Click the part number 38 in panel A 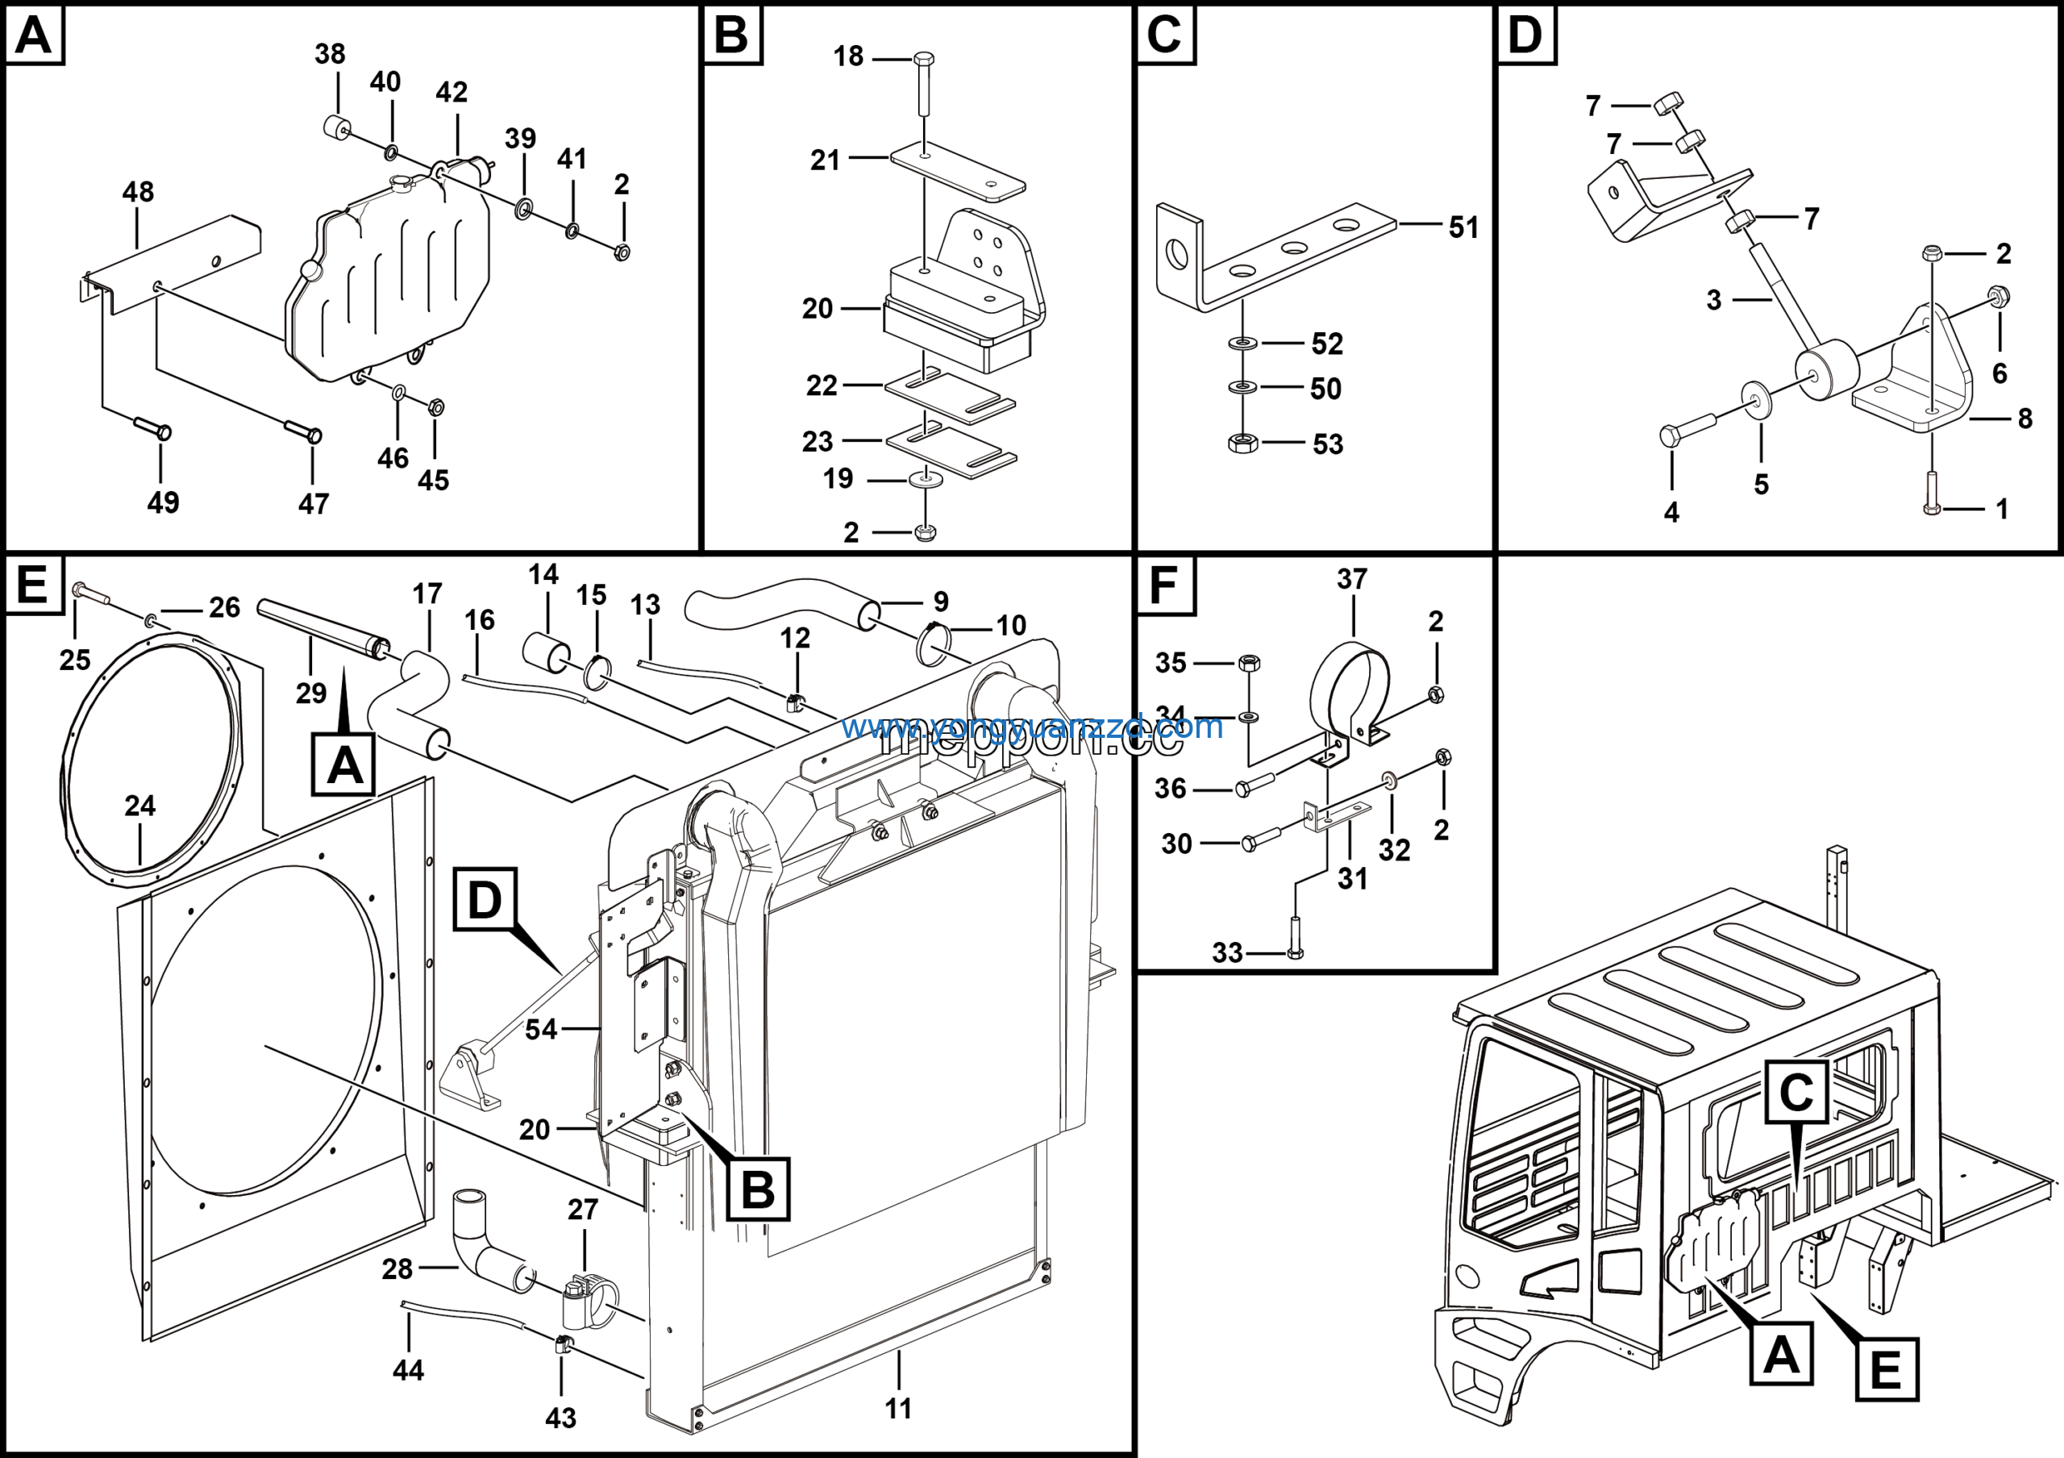pyautogui.click(x=330, y=55)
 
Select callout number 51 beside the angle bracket pyautogui.click(x=1463, y=227)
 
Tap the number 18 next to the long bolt pyautogui.click(x=847, y=56)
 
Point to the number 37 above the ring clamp pyautogui.click(x=1352, y=579)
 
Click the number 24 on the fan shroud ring pyautogui.click(x=140, y=806)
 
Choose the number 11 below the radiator pyautogui.click(x=898, y=1409)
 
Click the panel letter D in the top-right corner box pyautogui.click(x=1525, y=35)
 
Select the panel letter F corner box pyautogui.click(x=1164, y=585)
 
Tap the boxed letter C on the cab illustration pyautogui.click(x=1796, y=1093)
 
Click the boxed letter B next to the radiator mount pyautogui.click(x=758, y=1189)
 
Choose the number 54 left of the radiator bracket pyautogui.click(x=541, y=1029)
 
